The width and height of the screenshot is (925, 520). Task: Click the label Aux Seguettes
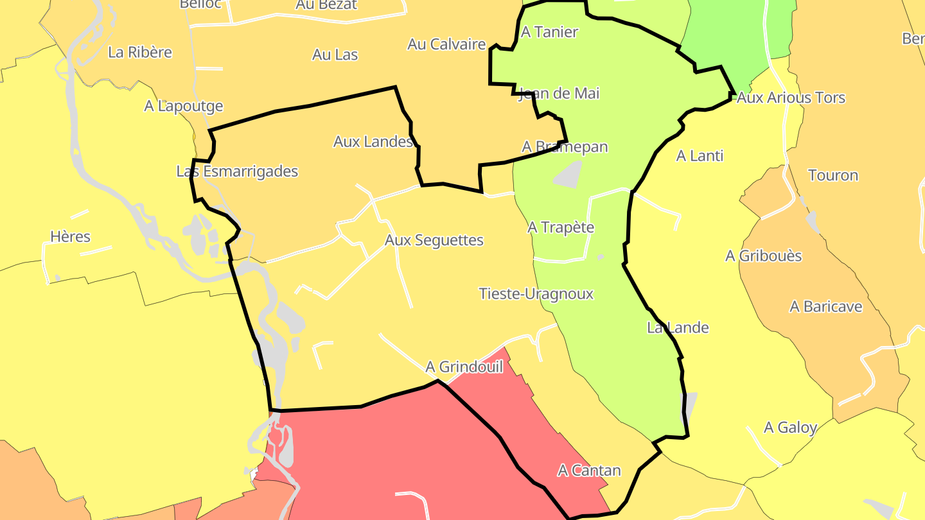[434, 240]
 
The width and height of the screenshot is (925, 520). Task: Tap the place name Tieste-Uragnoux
[536, 294]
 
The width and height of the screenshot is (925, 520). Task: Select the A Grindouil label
[464, 367]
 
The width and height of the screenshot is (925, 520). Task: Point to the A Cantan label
[589, 471]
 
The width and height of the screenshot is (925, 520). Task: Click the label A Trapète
[561, 228]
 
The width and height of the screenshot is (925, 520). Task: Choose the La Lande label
[678, 328]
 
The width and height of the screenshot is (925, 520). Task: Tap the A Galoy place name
[790, 428]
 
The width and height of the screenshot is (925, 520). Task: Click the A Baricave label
[825, 307]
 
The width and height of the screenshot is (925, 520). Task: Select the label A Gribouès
[763, 256]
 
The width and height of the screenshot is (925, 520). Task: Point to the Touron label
[833, 175]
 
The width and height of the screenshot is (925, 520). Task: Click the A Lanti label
[700, 156]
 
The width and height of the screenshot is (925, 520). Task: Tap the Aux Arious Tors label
[791, 98]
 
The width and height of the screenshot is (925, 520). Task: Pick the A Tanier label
[549, 32]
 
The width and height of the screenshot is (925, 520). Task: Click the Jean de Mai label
[558, 94]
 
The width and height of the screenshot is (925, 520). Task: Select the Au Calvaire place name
[446, 44]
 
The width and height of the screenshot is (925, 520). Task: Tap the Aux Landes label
[373, 142]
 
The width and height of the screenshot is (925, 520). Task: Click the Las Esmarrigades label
[237, 171]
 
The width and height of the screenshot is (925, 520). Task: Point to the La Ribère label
[140, 53]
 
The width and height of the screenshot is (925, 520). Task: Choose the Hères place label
[71, 237]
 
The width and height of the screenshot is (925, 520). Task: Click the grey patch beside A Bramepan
[567, 175]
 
